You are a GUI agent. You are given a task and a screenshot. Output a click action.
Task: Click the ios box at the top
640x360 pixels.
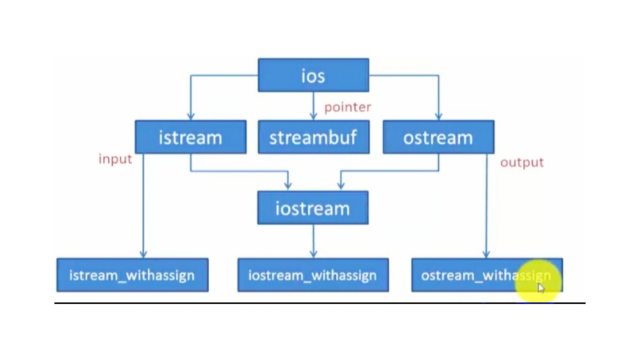[x=313, y=75]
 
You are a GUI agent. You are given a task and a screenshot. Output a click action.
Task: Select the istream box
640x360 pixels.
[x=190, y=137]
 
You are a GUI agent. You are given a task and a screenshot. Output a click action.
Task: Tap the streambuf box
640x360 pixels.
[x=313, y=137]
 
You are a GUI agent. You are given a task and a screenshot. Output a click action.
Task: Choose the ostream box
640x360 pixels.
[x=438, y=137]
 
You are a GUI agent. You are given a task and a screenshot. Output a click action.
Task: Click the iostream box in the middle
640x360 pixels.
[x=313, y=208]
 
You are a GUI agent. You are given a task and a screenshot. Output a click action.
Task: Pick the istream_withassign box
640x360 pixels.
[x=132, y=275]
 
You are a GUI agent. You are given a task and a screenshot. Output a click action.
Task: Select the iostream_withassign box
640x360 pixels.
[x=313, y=275]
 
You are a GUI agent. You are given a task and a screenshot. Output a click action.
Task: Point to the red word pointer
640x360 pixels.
[x=347, y=106]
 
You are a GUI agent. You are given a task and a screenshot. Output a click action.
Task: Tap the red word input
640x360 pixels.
[x=115, y=158]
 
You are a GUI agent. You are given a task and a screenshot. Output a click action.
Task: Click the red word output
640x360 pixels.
[x=522, y=162]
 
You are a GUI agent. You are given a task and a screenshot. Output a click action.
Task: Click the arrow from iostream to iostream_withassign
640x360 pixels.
[x=313, y=241]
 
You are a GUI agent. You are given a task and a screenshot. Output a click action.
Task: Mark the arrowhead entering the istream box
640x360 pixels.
[x=190, y=117]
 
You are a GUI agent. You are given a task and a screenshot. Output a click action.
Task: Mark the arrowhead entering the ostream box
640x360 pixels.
[x=438, y=117]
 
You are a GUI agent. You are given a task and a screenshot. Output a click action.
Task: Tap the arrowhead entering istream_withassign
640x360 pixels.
[x=143, y=254]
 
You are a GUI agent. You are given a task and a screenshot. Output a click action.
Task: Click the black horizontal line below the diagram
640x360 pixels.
[x=320, y=303]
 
